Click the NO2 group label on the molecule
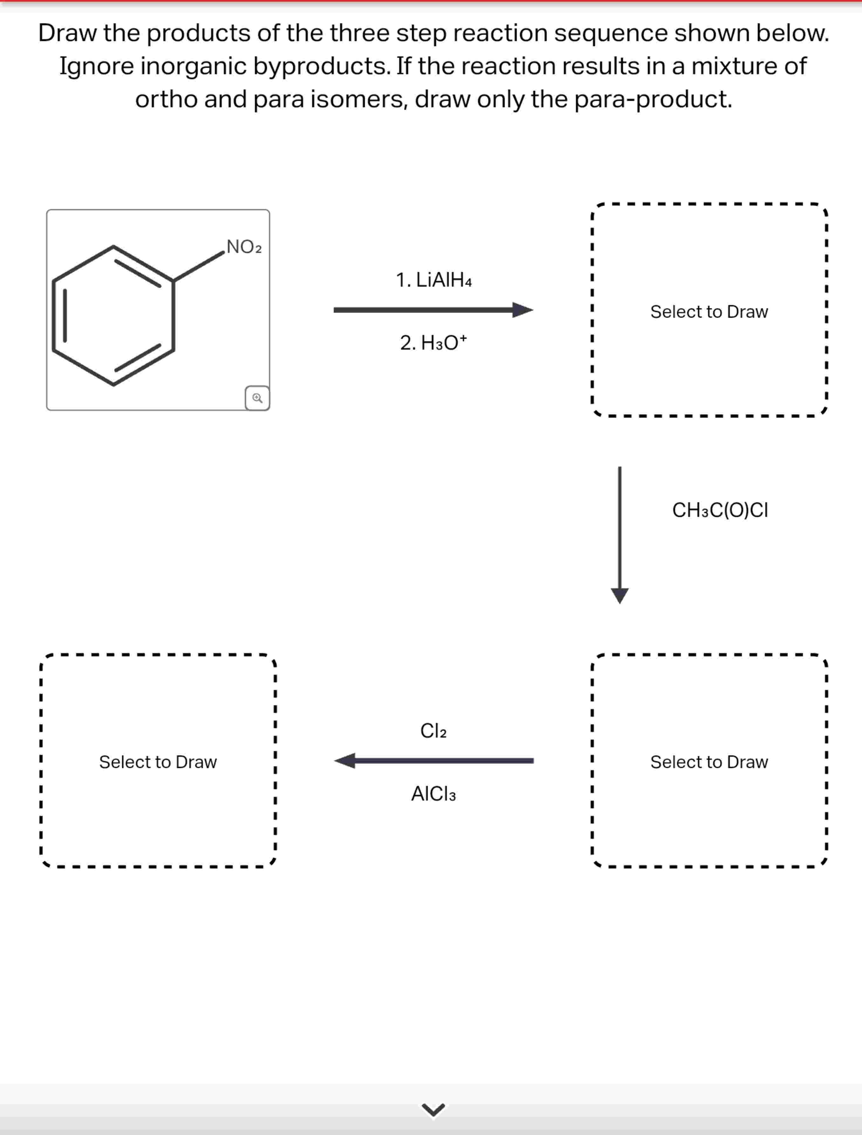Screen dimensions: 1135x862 (244, 247)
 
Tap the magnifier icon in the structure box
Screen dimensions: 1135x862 (257, 398)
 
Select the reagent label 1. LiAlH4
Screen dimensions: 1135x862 (434, 280)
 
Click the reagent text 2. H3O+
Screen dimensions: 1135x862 (434, 343)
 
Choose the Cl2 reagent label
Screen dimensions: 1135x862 (434, 730)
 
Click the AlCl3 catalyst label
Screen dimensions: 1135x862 (434, 794)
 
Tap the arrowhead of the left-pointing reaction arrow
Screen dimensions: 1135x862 (345, 760)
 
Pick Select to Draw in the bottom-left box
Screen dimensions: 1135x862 (158, 762)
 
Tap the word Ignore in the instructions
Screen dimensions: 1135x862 (96, 66)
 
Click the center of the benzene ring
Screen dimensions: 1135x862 (113, 315)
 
